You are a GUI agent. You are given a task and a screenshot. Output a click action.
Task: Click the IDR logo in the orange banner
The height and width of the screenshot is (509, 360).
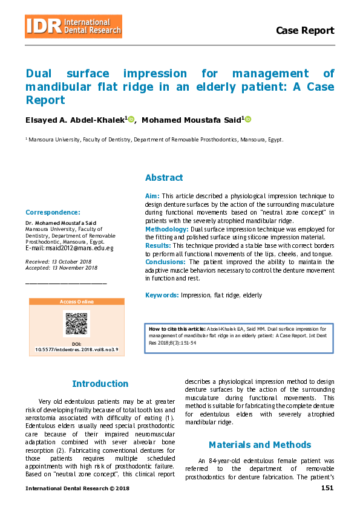[x=44, y=26]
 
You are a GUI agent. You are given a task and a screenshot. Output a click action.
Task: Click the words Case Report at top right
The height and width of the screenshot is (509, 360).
[x=304, y=31]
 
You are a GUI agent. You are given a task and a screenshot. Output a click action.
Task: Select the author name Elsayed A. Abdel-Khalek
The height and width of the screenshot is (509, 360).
[x=75, y=120]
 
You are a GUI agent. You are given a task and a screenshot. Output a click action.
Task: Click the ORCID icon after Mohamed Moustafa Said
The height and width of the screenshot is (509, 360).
[x=247, y=119]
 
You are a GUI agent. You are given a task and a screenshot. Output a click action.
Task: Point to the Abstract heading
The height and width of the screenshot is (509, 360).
[x=164, y=178]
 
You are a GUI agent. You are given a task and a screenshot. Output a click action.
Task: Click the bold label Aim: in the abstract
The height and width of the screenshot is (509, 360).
[x=152, y=196]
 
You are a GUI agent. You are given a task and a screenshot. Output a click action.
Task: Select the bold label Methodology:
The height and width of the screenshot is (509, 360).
[x=167, y=230]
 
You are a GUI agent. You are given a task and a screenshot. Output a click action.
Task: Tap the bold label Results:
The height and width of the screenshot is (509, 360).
[x=158, y=246]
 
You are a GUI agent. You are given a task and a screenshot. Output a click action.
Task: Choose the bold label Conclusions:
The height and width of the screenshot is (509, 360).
[x=166, y=262]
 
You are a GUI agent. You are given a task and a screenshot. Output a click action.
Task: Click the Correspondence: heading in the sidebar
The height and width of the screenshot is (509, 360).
[x=53, y=212]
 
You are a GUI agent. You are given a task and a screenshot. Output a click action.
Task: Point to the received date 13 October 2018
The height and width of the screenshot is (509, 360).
[x=67, y=261]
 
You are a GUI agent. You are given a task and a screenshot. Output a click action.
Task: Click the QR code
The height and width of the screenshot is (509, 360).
[x=76, y=324]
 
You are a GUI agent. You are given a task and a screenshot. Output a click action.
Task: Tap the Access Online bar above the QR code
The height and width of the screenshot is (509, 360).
[x=77, y=302]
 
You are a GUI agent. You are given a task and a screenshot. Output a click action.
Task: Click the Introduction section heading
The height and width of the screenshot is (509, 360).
[x=100, y=384]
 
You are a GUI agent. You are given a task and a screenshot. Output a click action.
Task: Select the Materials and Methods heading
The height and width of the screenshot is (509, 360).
[x=260, y=445]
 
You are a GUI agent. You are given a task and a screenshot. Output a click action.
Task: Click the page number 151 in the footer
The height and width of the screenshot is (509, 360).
[x=327, y=488]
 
